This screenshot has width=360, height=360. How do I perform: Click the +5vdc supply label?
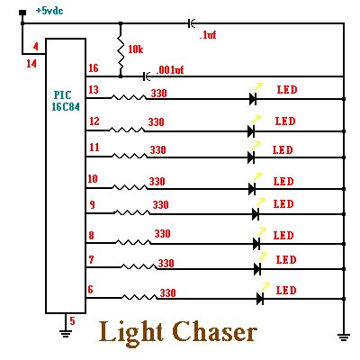(49, 11)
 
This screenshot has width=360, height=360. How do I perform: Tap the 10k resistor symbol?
(121, 50)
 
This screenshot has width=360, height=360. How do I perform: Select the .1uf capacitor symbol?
(191, 23)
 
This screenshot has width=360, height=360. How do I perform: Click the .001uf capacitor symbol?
(147, 76)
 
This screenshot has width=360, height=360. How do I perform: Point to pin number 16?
(94, 68)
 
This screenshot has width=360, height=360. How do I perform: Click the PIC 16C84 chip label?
(65, 101)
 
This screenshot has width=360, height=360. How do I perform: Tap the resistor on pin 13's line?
(129, 97)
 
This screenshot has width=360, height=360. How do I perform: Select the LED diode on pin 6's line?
(260, 299)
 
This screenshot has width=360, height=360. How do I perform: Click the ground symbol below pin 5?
(66, 333)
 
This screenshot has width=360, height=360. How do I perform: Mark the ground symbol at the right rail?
(344, 337)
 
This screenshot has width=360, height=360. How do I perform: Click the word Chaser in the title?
(215, 333)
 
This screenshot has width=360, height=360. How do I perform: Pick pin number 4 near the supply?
(36, 47)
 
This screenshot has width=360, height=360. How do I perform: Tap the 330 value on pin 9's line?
(161, 205)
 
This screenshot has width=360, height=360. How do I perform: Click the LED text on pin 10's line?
(283, 182)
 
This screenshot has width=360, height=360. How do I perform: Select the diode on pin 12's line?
(251, 131)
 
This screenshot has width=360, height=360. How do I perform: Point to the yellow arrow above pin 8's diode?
(261, 231)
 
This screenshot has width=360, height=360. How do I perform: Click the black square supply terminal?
(22, 13)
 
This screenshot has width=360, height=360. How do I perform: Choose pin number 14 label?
(31, 64)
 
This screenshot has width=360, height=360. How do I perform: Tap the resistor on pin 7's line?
(139, 266)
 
